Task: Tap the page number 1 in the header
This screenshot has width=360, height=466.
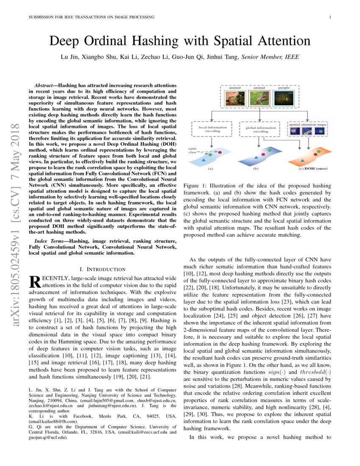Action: click(x=329, y=17)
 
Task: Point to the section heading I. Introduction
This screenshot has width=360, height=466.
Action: click(x=102, y=269)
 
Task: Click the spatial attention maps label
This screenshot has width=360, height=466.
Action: click(x=307, y=125)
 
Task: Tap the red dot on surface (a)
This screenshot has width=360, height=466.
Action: click(x=220, y=152)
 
